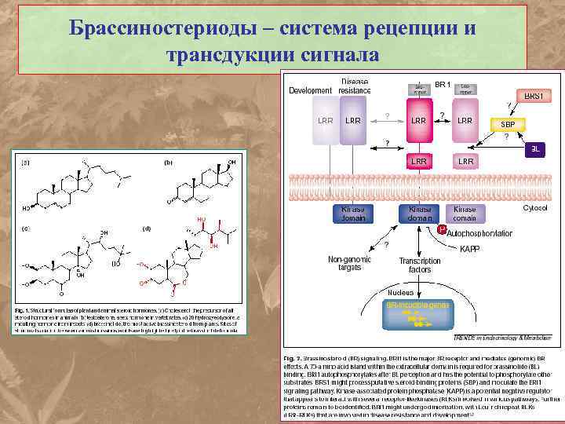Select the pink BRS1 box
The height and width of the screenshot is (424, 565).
pos(534,95)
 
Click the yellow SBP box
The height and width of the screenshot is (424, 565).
pos(508,124)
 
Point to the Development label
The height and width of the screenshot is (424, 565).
pos(310,90)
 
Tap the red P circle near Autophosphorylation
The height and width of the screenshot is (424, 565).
pos(442,230)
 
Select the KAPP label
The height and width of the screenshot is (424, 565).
pos(470,249)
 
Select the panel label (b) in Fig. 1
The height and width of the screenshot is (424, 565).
pos(167,163)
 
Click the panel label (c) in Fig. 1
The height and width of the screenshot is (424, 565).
pos(26,228)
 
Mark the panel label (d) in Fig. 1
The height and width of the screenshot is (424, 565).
pos(146,228)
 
